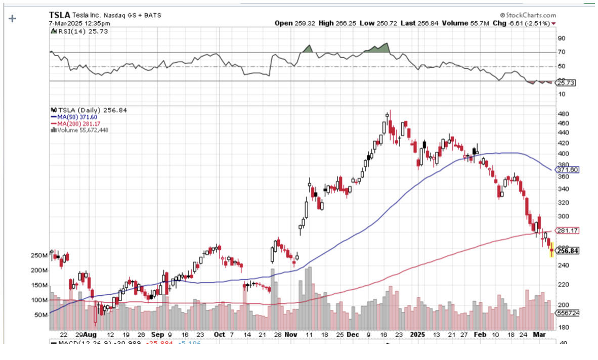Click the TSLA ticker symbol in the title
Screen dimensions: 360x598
tap(60, 15)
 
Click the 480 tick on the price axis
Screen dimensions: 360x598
tap(563, 114)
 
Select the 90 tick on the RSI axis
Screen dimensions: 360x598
tap(562, 38)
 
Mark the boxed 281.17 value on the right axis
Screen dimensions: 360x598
tap(567, 231)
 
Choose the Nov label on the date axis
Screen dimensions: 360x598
tap(291, 335)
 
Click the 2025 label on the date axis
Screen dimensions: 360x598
tap(417, 335)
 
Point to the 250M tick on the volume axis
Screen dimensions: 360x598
tap(39, 256)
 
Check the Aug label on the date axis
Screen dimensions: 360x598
tap(90, 335)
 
